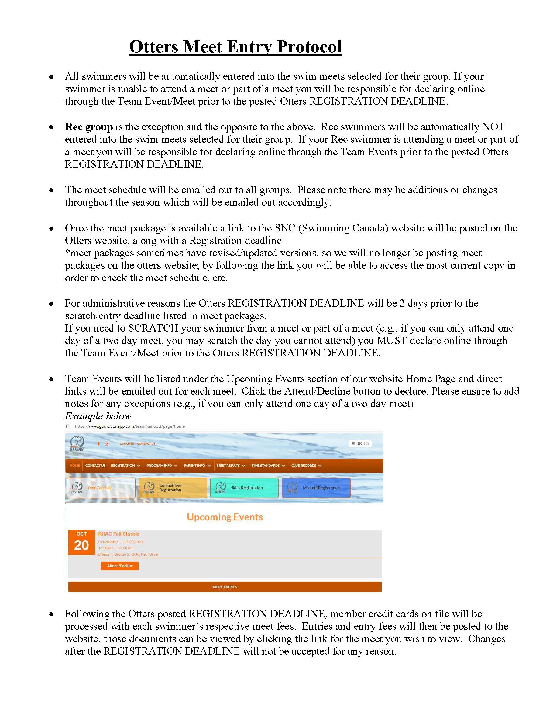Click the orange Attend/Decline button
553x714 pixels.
pos(120,566)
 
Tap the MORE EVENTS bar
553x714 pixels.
pos(225,587)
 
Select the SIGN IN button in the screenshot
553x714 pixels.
pos(360,444)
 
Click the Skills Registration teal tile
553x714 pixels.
pos(244,488)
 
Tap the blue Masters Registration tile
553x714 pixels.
pos(316,488)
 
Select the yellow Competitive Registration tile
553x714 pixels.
pos(173,488)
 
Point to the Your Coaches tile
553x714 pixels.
pos(101,488)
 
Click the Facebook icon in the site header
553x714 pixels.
pos(98,444)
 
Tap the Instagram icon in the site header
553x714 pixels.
pos(106,444)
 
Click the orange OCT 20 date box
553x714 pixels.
pos(81,542)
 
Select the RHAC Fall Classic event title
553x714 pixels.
pos(119,534)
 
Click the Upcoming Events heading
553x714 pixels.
pos(225,517)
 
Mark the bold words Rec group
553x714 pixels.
pos(89,127)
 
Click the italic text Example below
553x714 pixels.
pos(98,416)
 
